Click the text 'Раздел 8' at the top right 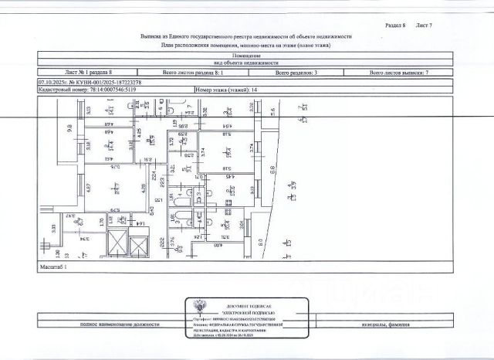[395, 25]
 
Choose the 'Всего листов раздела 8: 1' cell [194, 72]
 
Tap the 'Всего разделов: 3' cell [298, 72]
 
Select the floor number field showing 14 [231, 90]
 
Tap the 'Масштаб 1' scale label [53, 265]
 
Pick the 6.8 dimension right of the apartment [270, 175]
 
